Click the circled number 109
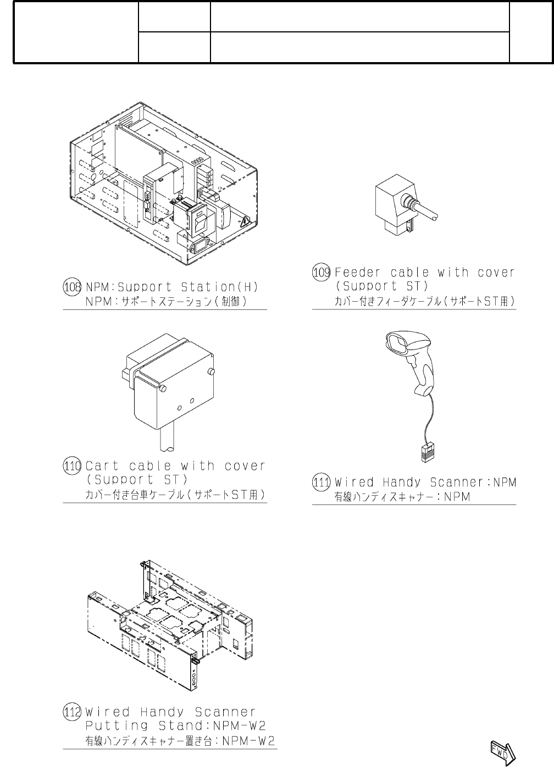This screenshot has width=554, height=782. click(322, 272)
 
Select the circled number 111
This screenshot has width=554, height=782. click(322, 482)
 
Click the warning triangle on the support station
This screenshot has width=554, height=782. click(244, 223)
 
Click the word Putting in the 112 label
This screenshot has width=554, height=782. click(116, 725)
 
